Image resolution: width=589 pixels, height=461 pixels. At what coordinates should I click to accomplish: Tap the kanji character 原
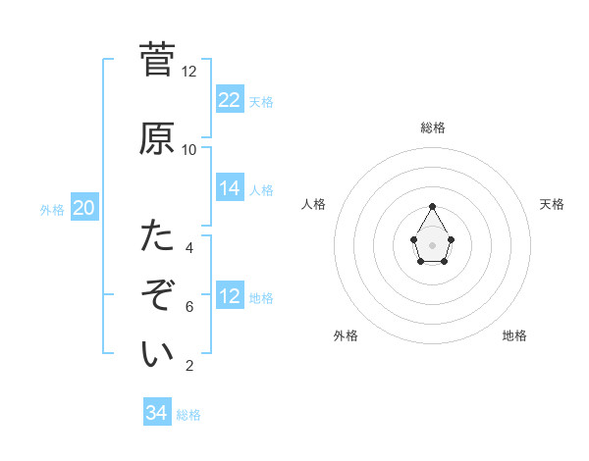[157, 138]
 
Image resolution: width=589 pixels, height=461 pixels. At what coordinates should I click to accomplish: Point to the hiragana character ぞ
[157, 294]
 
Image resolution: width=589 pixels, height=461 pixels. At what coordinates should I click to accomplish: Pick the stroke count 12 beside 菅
[189, 72]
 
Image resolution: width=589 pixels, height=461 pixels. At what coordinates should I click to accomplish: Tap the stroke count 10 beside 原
[189, 150]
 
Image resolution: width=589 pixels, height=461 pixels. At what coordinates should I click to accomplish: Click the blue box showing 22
[230, 99]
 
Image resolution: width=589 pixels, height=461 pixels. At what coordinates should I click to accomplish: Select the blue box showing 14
[230, 188]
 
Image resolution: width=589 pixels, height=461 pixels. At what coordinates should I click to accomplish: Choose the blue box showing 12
[230, 296]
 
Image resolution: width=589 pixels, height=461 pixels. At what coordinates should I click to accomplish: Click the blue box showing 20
[84, 207]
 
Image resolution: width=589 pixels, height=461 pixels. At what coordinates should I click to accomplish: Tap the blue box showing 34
[157, 413]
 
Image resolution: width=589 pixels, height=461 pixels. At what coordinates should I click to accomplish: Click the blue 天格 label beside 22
[261, 102]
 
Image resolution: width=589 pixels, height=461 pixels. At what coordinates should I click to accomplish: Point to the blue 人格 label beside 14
[261, 190]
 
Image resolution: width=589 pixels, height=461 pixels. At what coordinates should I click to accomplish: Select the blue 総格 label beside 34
[188, 415]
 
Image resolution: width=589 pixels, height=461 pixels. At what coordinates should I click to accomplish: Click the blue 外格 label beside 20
[52, 210]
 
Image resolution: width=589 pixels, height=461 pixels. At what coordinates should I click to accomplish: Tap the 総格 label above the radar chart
[433, 128]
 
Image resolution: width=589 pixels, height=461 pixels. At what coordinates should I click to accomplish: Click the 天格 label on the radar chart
[553, 204]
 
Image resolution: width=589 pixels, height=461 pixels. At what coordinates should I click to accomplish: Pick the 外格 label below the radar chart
[346, 335]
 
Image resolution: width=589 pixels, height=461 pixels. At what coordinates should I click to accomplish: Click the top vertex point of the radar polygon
[433, 206]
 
